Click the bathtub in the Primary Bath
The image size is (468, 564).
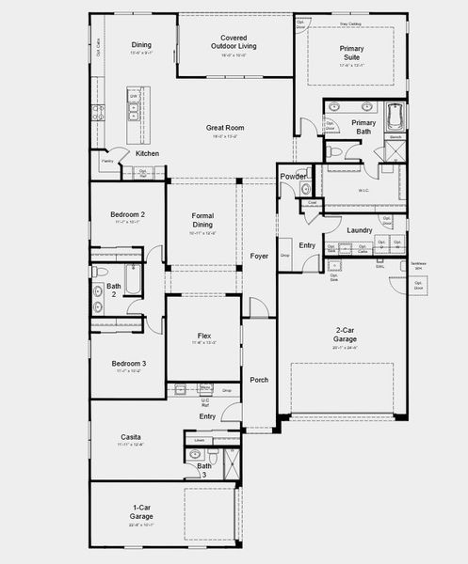click(x=395, y=117)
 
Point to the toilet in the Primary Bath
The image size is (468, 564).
click(x=335, y=151)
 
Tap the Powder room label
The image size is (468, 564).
click(x=292, y=176)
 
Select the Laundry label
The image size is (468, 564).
click(x=360, y=230)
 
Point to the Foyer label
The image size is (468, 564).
click(x=259, y=256)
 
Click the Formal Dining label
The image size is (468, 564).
click(x=202, y=221)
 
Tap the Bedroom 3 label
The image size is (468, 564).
click(x=129, y=364)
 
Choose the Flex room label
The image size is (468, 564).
click(x=203, y=336)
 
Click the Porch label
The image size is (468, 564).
click(x=259, y=380)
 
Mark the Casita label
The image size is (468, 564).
click(x=131, y=437)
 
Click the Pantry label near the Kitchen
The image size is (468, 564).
click(x=106, y=162)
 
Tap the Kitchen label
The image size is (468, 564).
click(x=147, y=153)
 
